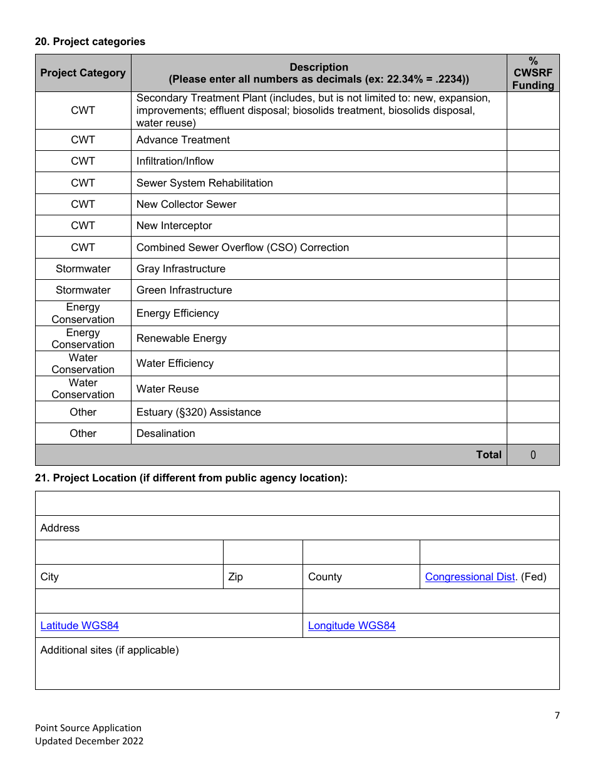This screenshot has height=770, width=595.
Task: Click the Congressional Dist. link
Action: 470,577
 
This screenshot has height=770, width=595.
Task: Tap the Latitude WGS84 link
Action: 80,625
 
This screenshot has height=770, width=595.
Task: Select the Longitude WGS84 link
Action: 351,625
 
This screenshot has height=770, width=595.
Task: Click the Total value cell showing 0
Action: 533,455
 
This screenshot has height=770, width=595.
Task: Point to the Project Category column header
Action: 83,73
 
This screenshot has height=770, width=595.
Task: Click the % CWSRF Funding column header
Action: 533,73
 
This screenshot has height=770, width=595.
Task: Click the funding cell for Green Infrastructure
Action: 533,290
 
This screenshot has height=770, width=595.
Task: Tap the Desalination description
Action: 165,433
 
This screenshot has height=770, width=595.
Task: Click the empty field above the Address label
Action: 297,503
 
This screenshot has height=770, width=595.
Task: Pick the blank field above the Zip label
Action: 262,552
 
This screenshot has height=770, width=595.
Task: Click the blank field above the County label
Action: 361,552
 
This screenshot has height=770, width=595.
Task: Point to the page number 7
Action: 557,716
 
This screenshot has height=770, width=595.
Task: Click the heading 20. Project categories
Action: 90,41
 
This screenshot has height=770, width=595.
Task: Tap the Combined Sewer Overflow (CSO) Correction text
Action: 242,247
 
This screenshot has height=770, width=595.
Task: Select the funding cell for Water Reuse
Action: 533,389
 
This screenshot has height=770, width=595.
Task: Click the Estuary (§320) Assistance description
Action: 199,412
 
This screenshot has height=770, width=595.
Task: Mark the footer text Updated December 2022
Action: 89,741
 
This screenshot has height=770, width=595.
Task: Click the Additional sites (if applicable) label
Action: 110,650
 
